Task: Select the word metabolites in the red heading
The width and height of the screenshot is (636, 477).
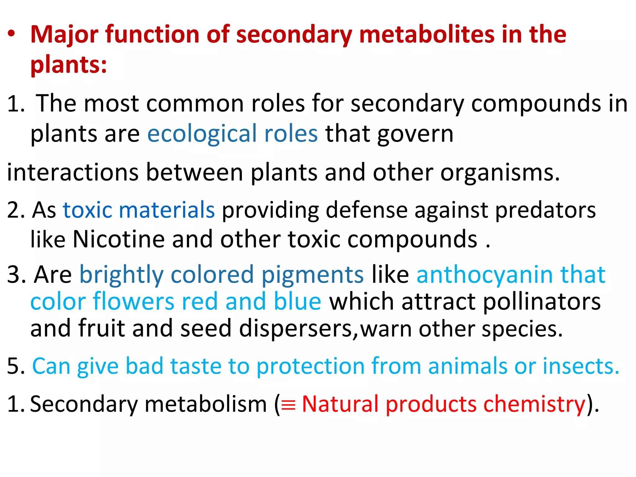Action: click(427, 34)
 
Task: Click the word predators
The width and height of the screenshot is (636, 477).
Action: click(545, 210)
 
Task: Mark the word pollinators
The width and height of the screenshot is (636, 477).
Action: click(542, 302)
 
